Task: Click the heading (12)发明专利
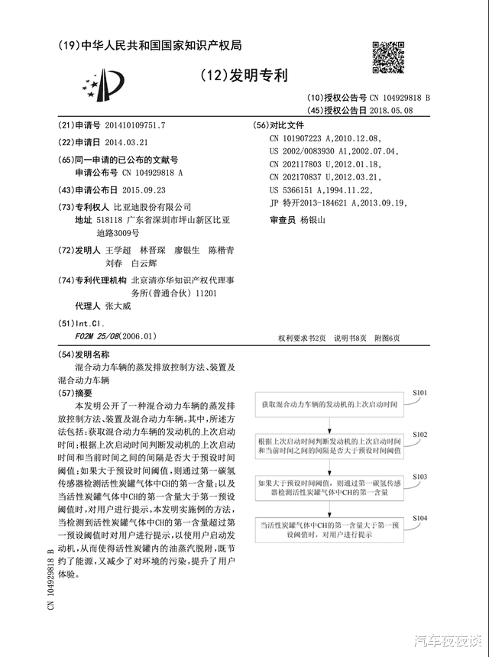click(244, 75)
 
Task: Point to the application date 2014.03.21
click(126, 142)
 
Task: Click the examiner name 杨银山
click(313, 220)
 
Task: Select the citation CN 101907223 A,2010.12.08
click(323, 138)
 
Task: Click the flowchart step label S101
click(419, 392)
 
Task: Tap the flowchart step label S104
click(419, 518)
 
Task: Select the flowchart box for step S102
click(330, 447)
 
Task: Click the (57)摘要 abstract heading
click(79, 392)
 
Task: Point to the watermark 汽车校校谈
click(448, 640)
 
